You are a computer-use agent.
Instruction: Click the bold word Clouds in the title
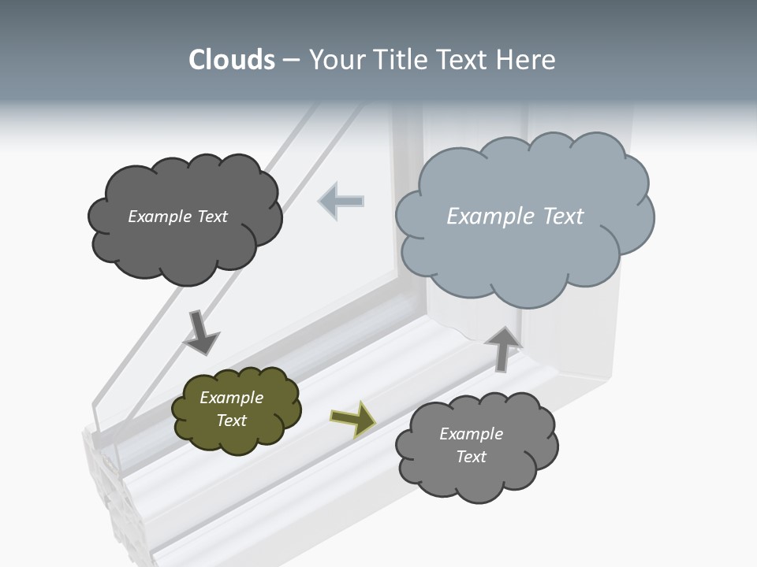(231, 60)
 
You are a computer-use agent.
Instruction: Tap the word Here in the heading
(526, 60)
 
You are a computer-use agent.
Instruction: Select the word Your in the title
(335, 60)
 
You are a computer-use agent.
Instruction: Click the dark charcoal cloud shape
(185, 218)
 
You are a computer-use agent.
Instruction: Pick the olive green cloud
(237, 410)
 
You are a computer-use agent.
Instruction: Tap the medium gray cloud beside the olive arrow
(476, 446)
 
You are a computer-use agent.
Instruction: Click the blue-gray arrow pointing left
(341, 201)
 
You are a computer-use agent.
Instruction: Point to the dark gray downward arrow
(200, 332)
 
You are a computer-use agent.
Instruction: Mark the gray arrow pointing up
(502, 347)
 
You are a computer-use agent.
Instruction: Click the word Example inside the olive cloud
(231, 398)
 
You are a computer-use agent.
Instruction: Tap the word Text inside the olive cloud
(232, 421)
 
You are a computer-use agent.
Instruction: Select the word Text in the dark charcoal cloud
(211, 217)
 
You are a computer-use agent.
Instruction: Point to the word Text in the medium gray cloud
(472, 457)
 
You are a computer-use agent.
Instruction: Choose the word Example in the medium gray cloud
(471, 434)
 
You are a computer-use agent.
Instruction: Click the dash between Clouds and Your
(291, 61)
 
